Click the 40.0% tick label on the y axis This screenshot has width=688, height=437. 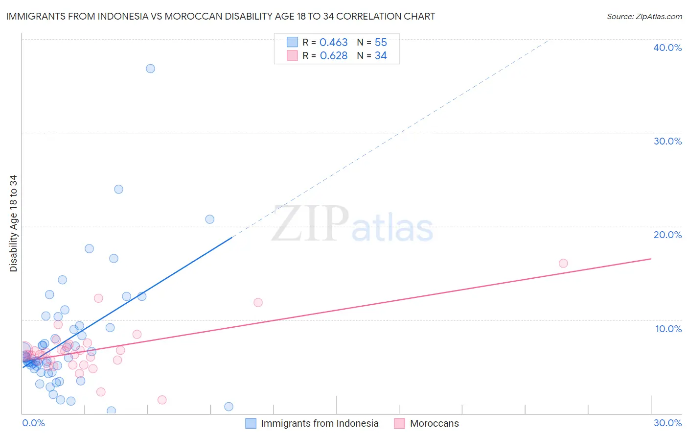(x=667, y=48)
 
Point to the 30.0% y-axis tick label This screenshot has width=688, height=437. (x=667, y=141)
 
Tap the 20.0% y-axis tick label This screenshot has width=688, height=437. (x=667, y=235)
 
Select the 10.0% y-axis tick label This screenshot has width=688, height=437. (x=668, y=329)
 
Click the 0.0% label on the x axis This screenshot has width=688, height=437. (x=33, y=423)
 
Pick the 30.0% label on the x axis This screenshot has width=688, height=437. (x=667, y=423)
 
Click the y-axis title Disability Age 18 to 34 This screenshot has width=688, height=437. (x=13, y=223)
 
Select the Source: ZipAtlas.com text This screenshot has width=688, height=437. (x=644, y=16)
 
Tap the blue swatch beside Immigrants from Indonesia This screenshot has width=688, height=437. (x=251, y=423)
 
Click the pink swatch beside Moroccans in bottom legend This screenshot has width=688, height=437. (x=399, y=423)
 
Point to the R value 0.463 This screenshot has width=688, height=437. (x=333, y=43)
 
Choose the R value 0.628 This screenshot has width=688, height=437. (x=333, y=56)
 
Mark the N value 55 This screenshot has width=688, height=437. (x=381, y=43)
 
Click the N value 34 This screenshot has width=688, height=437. (x=381, y=56)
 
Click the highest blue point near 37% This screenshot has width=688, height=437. (x=150, y=69)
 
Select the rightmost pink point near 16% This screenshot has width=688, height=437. (x=563, y=264)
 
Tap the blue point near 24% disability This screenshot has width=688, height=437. (x=118, y=189)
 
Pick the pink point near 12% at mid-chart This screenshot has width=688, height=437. (x=258, y=302)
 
